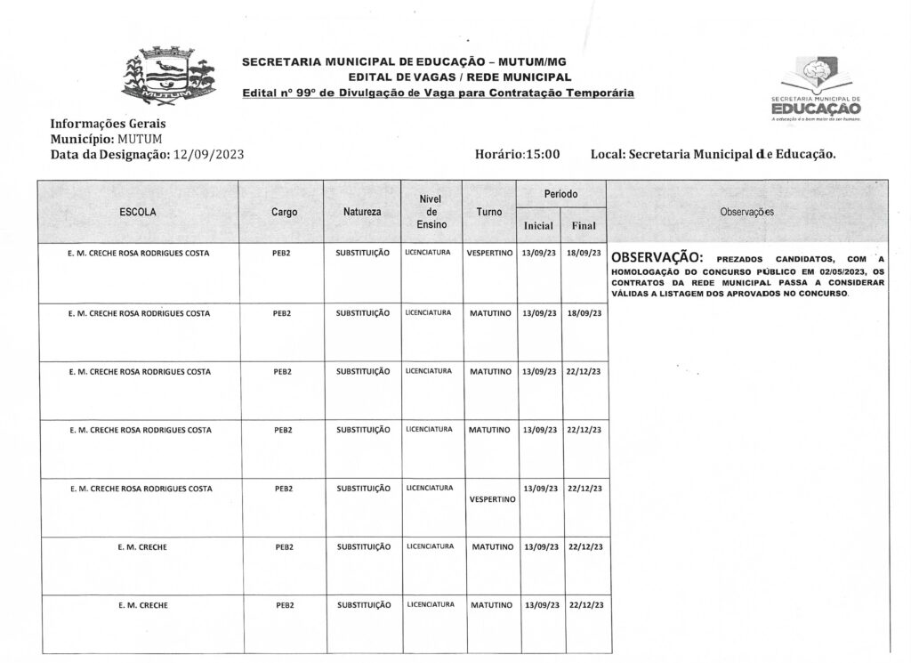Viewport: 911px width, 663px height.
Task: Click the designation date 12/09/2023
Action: pos(208,154)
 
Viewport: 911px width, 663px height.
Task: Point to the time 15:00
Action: pos(541,154)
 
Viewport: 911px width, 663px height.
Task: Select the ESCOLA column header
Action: pos(138,213)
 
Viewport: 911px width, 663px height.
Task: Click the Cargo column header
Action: pos(284,213)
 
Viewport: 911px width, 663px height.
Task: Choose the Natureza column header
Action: pos(362,213)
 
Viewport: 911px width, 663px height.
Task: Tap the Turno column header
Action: pos(488,213)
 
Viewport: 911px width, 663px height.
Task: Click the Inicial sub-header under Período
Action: pos(539,226)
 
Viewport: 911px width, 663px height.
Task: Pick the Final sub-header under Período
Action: pos(584,226)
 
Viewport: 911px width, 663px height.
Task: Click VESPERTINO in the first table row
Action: pos(489,254)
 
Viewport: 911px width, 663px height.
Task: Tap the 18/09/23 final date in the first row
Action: pos(584,254)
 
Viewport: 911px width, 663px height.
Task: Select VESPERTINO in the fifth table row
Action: pos(492,499)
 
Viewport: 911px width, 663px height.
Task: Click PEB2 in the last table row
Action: pos(284,605)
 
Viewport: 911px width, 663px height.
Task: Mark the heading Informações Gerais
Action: pos(109,125)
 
